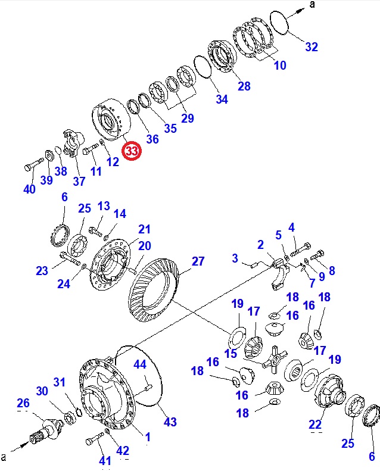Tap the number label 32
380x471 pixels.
312,47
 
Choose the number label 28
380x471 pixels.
244,86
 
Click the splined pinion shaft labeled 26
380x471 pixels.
48,428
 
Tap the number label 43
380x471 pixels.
170,422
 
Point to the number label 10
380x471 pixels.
279,65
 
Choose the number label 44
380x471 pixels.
139,364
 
